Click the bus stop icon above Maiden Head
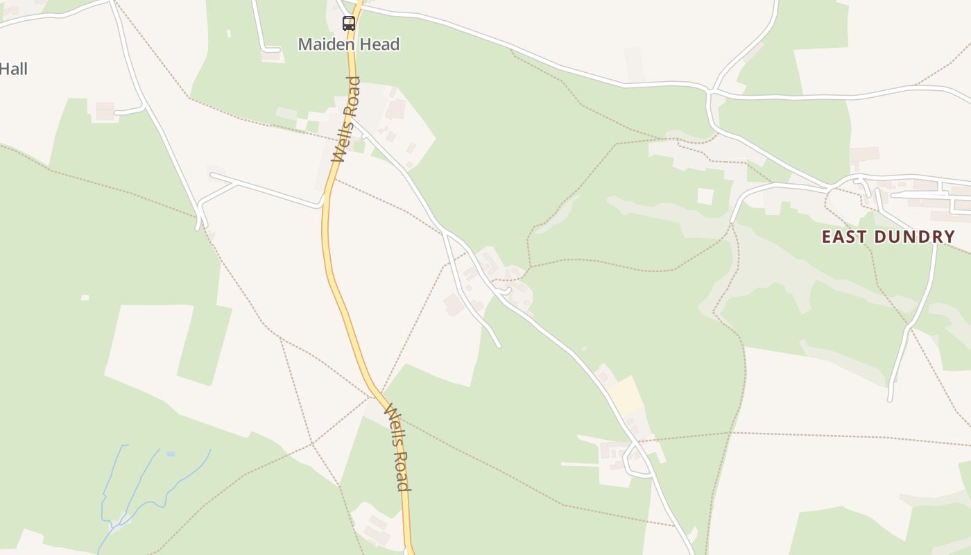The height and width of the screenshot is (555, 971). coord(349,23)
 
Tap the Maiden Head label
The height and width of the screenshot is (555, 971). coord(349,44)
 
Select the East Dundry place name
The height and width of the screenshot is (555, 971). coord(888,237)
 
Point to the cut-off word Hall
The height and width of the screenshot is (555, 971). coord(14,69)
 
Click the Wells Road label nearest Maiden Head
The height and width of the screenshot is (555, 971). coord(346,120)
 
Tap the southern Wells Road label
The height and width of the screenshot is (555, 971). coord(397,447)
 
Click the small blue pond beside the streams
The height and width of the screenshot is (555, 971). coord(171,454)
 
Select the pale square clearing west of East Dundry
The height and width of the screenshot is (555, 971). coord(705,196)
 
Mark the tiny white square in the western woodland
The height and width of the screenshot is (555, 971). coord(85,298)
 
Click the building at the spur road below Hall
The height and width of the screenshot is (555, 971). coord(105,111)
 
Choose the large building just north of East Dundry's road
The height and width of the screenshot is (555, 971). coord(864,154)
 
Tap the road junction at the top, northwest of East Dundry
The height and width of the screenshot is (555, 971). coord(710,91)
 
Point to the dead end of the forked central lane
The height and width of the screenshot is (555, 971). coord(499,345)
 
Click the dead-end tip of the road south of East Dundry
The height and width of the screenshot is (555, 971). coord(890,400)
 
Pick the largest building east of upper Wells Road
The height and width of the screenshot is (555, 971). coord(396,109)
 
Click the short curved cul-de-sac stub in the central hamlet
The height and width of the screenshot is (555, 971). coord(508,291)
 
